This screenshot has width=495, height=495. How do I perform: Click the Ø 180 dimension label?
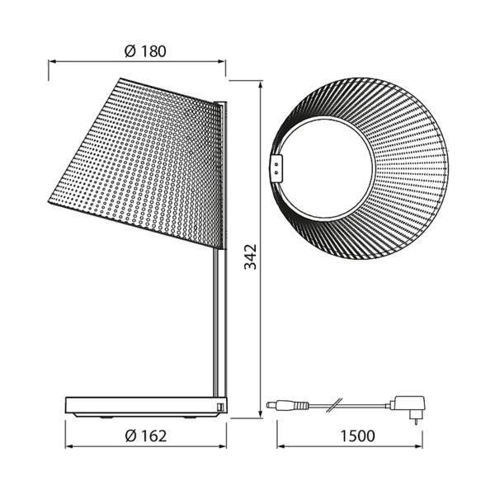tap(145, 51)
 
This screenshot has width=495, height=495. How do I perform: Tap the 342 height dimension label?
tap(251, 257)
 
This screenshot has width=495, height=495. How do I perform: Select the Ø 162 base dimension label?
tap(146, 436)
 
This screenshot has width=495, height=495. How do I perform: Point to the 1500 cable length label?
tap(358, 436)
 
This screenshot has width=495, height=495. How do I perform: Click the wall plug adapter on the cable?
tap(409, 408)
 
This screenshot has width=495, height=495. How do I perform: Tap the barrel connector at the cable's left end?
tap(287, 404)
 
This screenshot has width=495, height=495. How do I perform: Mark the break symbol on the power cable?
tap(334, 405)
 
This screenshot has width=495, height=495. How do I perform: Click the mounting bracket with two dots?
tap(276, 168)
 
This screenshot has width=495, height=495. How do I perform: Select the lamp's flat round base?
tap(146, 408)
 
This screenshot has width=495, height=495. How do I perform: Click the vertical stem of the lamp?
tap(219, 322)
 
